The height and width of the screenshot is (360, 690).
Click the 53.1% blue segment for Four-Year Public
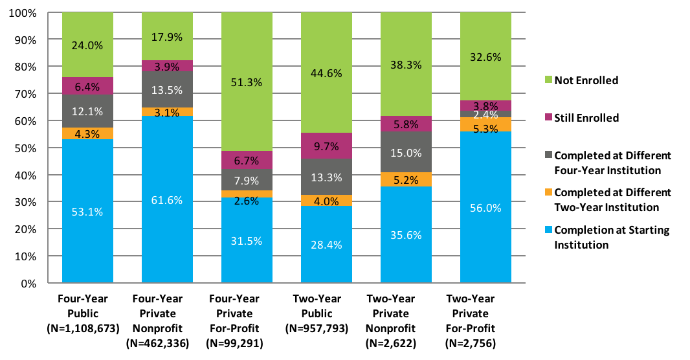click(x=87, y=211)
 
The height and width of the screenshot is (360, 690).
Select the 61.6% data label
click(x=167, y=200)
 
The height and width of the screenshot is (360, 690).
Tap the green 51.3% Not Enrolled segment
click(x=247, y=82)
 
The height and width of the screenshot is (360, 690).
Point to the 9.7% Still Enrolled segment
click(x=326, y=146)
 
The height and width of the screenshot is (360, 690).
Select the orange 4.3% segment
click(x=87, y=133)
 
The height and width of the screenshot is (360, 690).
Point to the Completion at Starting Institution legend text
click(x=612, y=237)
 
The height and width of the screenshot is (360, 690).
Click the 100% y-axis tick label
click(x=23, y=13)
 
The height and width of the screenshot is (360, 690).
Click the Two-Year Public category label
click(x=326, y=304)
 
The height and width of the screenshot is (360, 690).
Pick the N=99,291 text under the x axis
click(x=247, y=343)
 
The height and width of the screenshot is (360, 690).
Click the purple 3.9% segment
click(x=167, y=65)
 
